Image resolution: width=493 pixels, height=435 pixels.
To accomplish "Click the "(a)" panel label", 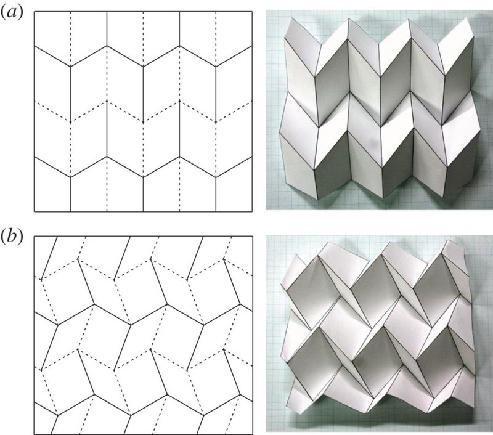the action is coord(12,14).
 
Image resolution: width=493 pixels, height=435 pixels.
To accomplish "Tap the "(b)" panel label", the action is coord(12,237).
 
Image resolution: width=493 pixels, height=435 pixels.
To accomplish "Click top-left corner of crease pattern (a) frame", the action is coord(35,12).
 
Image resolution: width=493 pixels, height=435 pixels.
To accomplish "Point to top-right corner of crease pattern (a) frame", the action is coord(252,12).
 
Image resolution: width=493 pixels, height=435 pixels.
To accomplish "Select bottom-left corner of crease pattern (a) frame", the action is coord(35,211).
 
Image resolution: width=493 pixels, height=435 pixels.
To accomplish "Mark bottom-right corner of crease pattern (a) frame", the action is coord(252,211).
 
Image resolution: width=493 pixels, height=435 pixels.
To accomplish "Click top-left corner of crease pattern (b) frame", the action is coord(35,237).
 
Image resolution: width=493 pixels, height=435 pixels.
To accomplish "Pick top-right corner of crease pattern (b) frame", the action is coord(253,237).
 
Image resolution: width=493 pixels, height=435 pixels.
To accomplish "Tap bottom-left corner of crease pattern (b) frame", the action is coord(35,434).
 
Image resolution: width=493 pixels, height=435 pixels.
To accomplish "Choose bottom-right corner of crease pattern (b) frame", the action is coord(253,434).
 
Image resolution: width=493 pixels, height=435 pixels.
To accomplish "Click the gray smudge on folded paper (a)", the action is coord(373,144).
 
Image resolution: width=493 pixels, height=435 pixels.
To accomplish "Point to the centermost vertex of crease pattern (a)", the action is coord(144,121).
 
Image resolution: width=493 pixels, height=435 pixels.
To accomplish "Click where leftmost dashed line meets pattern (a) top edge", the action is coord(70,12).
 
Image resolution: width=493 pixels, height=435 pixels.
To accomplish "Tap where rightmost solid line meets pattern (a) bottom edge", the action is coord(216,211).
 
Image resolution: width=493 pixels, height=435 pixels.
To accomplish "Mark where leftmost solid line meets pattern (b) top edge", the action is coord(57,237).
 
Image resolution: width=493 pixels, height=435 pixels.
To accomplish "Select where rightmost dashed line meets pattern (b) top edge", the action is coord(233,237).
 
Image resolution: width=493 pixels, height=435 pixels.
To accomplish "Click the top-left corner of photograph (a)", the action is coord(266,10).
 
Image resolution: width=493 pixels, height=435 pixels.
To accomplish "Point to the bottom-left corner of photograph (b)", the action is coord(266,431).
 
